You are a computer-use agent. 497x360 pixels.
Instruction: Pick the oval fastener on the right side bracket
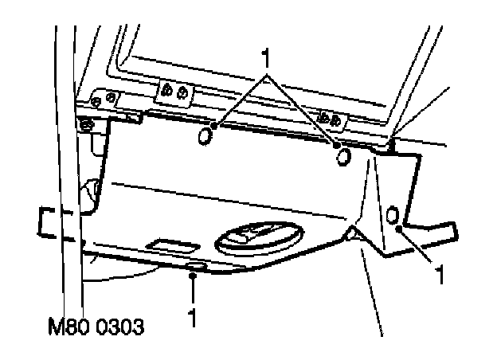[x=392, y=215]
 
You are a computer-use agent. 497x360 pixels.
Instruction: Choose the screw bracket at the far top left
[x=104, y=99]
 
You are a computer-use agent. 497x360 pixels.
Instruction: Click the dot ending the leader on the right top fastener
[x=335, y=146]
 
